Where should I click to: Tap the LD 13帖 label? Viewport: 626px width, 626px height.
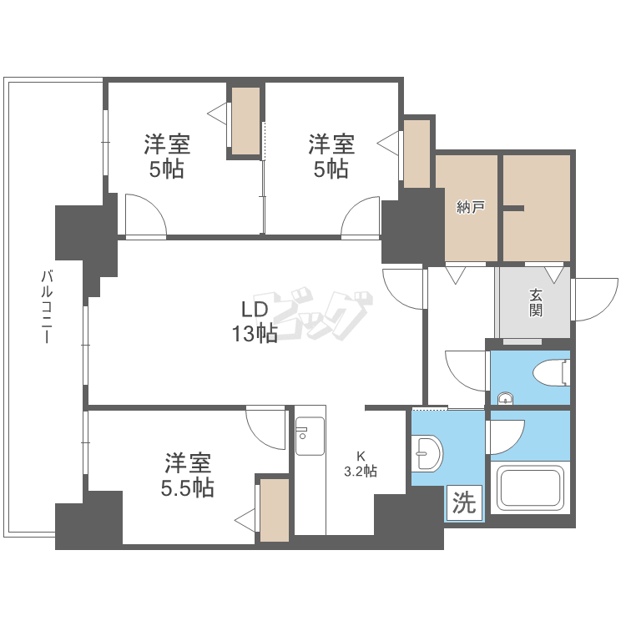(255, 321)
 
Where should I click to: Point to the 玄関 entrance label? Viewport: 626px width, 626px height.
(535, 302)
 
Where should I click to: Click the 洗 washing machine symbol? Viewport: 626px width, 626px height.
(464, 502)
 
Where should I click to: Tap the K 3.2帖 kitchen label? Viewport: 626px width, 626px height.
(361, 463)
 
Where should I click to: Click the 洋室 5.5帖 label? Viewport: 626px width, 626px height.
(187, 475)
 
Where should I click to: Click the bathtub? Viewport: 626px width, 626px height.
(529, 488)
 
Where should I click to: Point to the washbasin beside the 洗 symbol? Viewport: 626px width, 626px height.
(428, 455)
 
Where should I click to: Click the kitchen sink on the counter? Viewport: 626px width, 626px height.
(310, 435)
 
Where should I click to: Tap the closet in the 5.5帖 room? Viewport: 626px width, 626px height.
(273, 509)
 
